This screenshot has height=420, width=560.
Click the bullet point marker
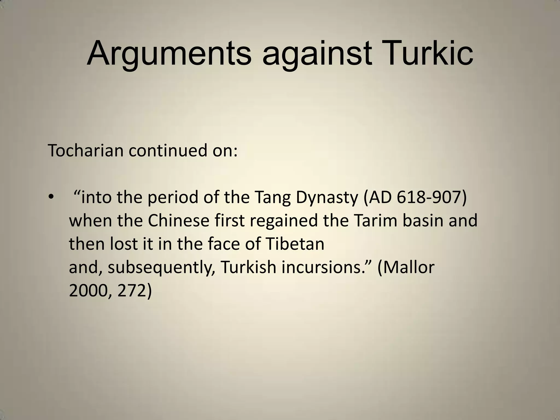tap(51, 197)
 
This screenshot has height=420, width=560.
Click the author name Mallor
tap(410, 267)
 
